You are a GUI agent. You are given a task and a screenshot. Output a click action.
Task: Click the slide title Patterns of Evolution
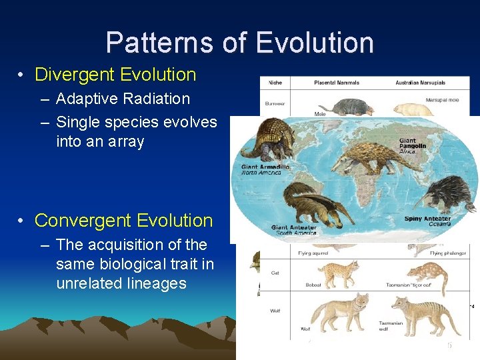(239, 43)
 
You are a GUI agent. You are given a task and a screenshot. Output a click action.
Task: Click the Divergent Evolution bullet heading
(115, 75)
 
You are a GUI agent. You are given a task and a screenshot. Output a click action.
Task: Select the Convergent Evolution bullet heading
(123, 220)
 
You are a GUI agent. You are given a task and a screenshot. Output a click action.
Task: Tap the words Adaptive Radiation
(123, 99)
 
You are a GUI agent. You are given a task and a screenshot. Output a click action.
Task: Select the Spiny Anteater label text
(427, 218)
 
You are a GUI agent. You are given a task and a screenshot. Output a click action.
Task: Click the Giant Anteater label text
(293, 228)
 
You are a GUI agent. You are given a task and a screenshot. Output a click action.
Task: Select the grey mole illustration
(340, 106)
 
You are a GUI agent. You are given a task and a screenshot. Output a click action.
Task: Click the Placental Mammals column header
(337, 83)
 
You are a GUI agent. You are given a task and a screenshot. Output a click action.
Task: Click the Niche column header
(275, 83)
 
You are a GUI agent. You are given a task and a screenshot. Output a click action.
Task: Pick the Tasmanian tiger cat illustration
(427, 270)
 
